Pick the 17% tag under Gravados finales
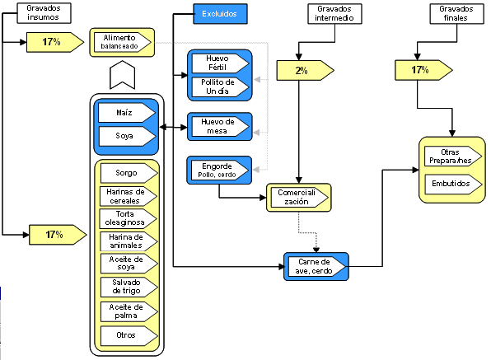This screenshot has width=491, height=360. click(419, 70)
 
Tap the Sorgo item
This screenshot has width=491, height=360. click(127, 173)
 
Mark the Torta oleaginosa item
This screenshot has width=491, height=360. click(127, 219)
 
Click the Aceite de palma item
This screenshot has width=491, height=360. click(127, 311)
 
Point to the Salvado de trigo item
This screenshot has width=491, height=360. click(127, 288)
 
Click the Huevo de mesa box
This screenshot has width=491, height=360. click(218, 126)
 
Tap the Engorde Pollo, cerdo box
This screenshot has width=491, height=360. click(218, 170)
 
